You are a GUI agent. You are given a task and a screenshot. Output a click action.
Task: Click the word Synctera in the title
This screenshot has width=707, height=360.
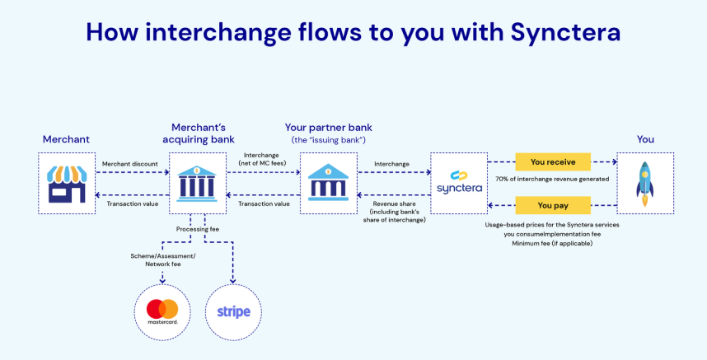coord(565,32)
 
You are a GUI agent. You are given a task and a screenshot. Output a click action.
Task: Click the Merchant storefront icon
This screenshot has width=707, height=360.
coord(67,184)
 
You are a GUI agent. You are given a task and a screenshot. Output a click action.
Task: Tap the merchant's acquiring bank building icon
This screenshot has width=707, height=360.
coord(198,184)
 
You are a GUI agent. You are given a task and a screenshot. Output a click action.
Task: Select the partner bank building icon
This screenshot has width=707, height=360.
coord(328,184)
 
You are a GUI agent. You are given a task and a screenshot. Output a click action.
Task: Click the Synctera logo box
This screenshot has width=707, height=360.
coord(459,184)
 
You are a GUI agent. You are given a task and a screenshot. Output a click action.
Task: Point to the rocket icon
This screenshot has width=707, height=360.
coord(644,184)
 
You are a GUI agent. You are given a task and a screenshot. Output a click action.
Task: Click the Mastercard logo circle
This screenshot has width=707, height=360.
coord(162,311)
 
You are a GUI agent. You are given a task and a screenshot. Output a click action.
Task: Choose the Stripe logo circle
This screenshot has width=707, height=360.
coord(233,312)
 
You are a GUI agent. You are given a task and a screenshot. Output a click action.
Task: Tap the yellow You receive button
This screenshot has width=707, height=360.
coord(553,161)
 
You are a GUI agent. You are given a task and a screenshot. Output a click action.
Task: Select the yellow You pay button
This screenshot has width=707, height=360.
coord(553,205)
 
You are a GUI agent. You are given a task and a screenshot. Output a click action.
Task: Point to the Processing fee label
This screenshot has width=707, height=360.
coord(198,229)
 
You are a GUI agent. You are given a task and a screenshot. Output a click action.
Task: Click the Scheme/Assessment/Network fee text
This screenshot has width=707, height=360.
coord(162,261)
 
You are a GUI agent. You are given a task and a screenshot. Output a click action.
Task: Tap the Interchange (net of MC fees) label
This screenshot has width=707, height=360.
coord(263,159)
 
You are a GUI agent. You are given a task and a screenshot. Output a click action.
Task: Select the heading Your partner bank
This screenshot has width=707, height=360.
coord(327,128)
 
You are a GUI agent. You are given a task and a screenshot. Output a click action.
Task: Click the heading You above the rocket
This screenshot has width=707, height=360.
coord(644,139)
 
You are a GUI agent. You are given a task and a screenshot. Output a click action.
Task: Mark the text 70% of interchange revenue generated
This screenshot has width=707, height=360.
coord(552,179)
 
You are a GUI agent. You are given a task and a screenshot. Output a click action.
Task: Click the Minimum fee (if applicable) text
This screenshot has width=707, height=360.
coord(553,244)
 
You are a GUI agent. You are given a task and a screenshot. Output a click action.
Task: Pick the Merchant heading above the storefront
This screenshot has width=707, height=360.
coord(66,139)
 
